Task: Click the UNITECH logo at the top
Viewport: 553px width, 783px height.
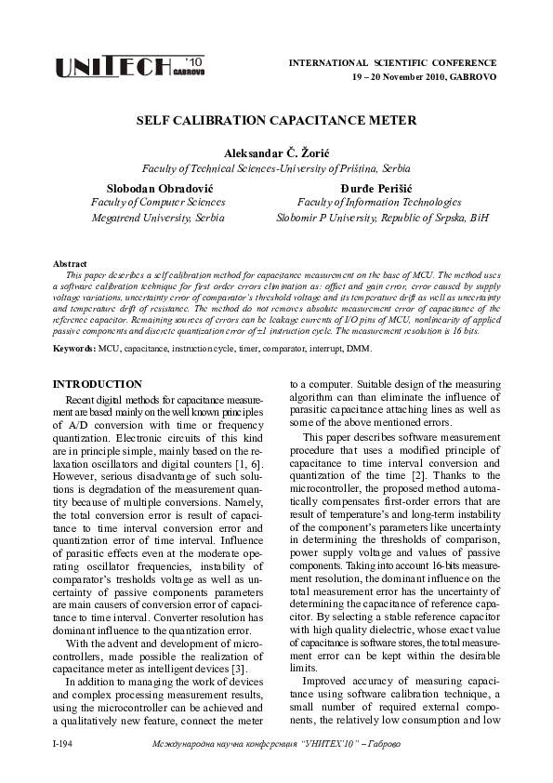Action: [x=129, y=67]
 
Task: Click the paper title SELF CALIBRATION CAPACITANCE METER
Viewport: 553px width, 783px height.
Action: [x=275, y=121]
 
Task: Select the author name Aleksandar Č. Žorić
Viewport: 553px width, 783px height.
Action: [x=275, y=153]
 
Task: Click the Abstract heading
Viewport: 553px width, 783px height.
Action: [x=71, y=264]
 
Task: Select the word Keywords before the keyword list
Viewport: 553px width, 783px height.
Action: [x=72, y=347]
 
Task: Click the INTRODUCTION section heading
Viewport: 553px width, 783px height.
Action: [x=97, y=384]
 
